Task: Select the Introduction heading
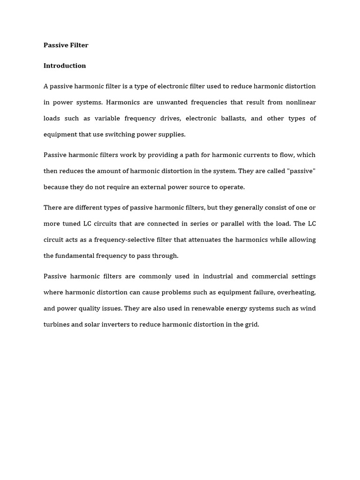tap(65, 66)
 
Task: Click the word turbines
tap(56, 324)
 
